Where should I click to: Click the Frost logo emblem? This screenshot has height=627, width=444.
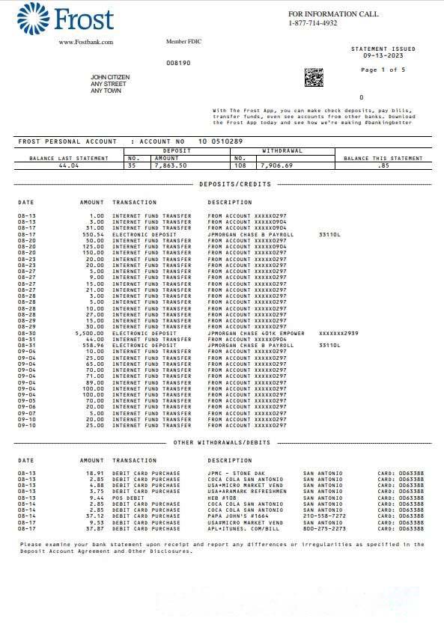33,18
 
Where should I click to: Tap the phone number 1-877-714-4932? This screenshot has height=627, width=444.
313,23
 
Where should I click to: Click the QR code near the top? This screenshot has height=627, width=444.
313,77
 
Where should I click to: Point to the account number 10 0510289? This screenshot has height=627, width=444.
220,141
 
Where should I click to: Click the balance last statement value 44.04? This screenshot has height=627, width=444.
69,165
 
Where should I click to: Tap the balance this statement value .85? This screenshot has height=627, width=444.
383,165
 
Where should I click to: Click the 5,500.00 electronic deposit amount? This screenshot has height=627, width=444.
91,332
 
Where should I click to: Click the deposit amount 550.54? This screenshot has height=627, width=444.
92,234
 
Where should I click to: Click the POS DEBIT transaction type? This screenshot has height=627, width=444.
128,497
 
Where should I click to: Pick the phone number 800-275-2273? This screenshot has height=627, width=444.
323,527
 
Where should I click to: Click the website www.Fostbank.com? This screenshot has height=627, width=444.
85,42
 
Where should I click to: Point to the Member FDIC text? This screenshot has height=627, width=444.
183,41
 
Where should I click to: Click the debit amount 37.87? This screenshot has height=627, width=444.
94,527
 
